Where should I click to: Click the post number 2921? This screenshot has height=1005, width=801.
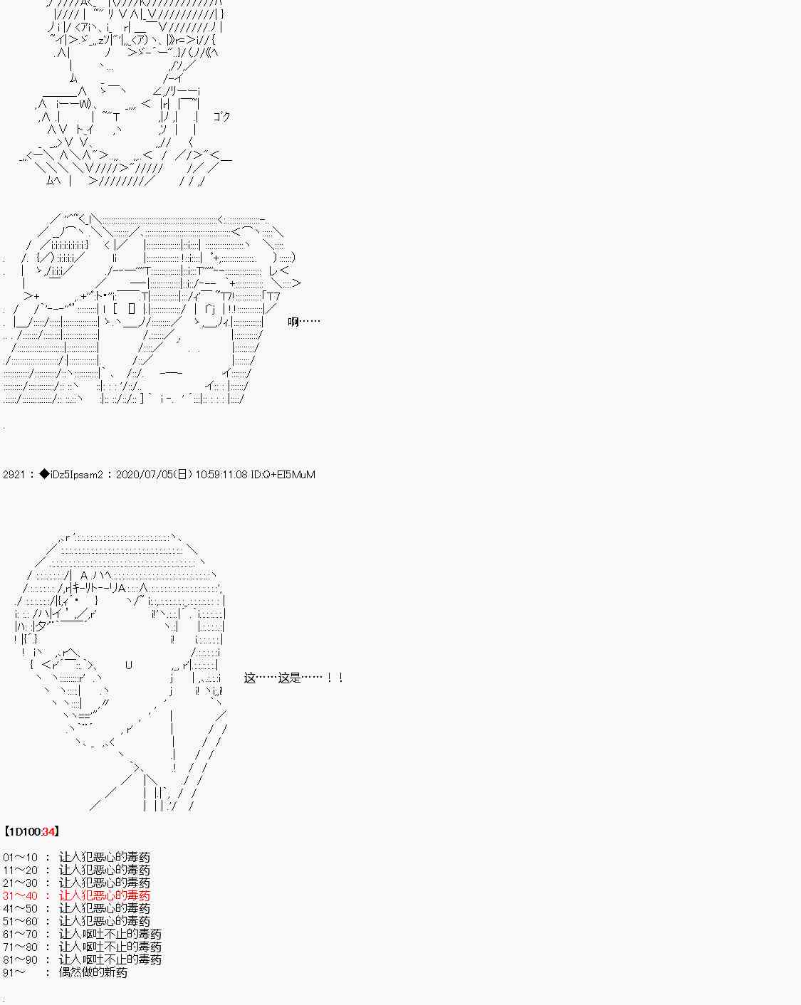click(x=14, y=475)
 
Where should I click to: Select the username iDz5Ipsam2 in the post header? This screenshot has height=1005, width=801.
click(x=77, y=475)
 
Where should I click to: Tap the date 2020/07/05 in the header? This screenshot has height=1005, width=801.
click(x=143, y=475)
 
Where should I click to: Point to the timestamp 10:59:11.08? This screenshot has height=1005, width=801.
click(x=221, y=475)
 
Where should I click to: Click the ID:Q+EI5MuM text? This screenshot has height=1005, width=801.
click(x=283, y=475)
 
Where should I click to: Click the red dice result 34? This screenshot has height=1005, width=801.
click(x=48, y=831)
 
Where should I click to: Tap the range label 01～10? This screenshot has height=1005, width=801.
click(x=20, y=858)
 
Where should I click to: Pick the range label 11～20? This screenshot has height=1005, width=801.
click(x=20, y=870)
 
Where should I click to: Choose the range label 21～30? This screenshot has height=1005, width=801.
click(x=20, y=883)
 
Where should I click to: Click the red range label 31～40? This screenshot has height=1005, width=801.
click(x=20, y=895)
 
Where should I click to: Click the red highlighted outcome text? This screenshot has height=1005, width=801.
click(x=105, y=895)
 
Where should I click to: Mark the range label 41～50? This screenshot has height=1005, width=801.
click(x=20, y=908)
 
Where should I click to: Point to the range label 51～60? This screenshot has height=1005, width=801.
click(x=20, y=922)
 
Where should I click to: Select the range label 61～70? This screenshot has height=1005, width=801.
click(x=20, y=934)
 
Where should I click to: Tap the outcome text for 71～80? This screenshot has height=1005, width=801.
click(x=110, y=947)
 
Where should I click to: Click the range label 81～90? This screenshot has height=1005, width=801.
click(x=20, y=959)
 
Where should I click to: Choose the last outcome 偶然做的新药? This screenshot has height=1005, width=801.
click(x=93, y=972)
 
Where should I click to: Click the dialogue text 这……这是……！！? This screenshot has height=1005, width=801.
click(x=294, y=678)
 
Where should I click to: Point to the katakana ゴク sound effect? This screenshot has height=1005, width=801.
click(x=221, y=116)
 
